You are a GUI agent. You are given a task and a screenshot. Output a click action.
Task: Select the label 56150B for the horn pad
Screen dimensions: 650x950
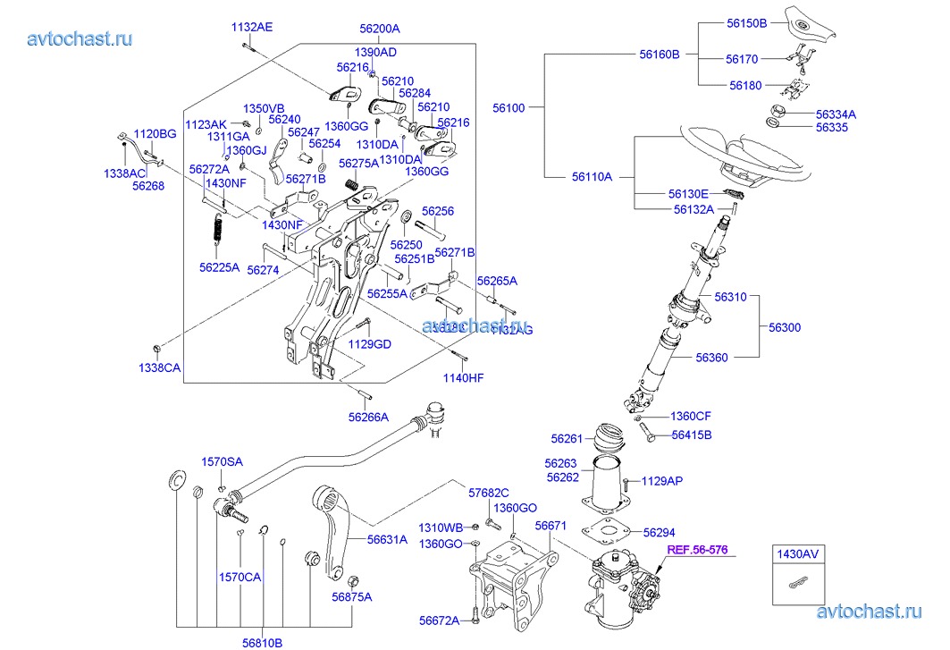(746, 23)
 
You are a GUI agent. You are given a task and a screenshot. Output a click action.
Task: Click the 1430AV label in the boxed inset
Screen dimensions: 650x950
(796, 553)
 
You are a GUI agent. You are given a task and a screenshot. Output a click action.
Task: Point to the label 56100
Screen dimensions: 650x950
(509, 107)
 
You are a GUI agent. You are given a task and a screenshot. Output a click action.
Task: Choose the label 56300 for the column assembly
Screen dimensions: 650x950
(785, 327)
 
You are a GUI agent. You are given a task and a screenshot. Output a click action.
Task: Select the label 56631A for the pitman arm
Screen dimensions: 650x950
(387, 539)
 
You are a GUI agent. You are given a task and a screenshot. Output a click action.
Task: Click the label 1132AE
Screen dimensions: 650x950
(252, 27)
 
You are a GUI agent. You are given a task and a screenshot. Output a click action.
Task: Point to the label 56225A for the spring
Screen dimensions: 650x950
(219, 266)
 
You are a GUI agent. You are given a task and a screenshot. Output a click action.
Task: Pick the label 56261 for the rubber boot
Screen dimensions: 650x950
(567, 438)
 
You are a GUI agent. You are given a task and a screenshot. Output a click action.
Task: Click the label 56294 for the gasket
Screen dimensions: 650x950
(659, 531)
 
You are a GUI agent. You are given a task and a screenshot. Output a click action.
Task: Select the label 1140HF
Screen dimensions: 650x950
(464, 377)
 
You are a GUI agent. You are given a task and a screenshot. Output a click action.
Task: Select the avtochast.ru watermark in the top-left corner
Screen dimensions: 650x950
(80, 38)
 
